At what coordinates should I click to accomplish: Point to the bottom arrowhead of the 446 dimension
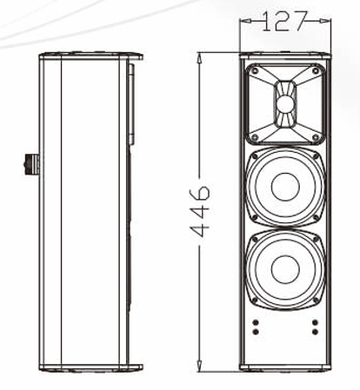200,368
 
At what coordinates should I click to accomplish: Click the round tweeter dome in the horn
286,104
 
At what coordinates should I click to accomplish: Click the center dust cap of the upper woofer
285,186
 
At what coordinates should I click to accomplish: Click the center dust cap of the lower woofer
285,268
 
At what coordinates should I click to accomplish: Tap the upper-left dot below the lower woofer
256,323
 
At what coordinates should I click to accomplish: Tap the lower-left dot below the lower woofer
256,331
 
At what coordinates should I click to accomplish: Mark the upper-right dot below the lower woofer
315,323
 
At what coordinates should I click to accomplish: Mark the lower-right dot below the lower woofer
315,331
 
